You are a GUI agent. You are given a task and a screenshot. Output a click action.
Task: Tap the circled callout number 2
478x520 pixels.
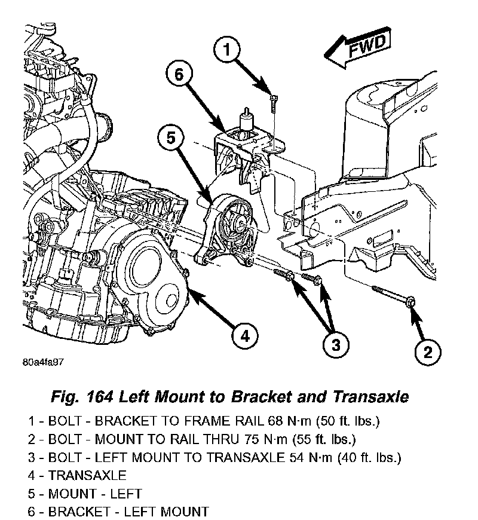coord(427,353)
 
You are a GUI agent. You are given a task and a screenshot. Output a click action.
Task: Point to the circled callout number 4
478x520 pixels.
coord(245,336)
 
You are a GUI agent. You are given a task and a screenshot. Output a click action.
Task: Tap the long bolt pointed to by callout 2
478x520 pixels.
coord(394,296)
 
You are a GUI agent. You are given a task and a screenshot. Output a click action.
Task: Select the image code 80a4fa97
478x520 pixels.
coord(44,362)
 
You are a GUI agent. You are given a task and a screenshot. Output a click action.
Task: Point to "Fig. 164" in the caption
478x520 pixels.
coord(84,397)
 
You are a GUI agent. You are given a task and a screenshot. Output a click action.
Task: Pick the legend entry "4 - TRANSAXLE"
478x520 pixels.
coord(77,476)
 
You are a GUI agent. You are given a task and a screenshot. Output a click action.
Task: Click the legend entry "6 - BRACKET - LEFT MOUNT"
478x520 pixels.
coord(118,512)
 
